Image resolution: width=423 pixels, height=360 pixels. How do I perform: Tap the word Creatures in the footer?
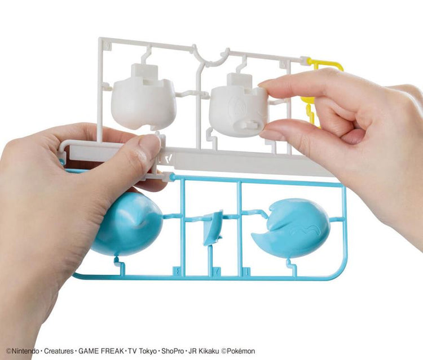click(59, 351)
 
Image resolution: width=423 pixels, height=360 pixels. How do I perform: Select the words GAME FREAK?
click(102, 351)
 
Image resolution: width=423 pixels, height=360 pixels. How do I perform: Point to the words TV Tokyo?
click(142, 351)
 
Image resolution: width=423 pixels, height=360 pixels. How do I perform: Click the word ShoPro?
click(173, 351)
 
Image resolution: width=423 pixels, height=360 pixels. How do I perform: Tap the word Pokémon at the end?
click(241, 351)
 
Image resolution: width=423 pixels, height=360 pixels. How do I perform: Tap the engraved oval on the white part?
click(236, 107)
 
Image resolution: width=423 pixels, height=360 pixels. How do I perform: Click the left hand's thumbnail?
click(149, 145)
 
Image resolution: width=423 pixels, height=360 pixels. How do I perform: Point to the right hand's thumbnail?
click(267, 134)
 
